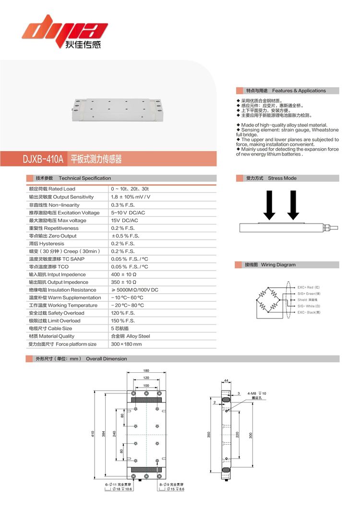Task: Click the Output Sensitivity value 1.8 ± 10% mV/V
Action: coord(131,197)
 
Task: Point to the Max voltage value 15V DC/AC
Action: coord(124,220)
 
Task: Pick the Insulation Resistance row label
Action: coord(62,290)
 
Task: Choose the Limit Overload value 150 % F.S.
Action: coord(123,320)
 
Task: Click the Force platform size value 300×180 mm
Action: coord(126,344)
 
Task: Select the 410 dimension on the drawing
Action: coord(93,434)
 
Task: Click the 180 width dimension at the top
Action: coord(146,370)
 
